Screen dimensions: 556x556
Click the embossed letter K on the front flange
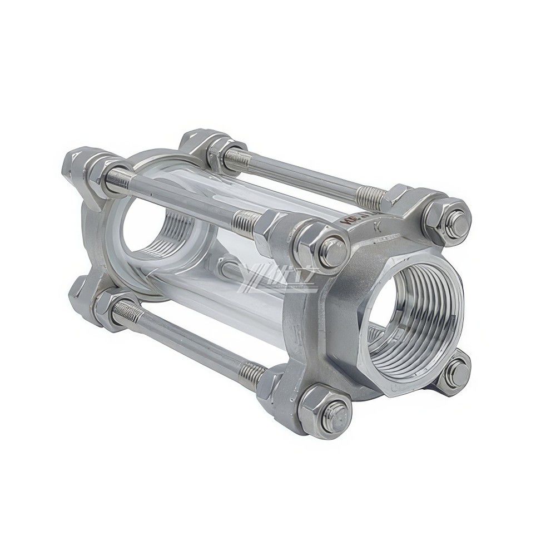click(x=379, y=227)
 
